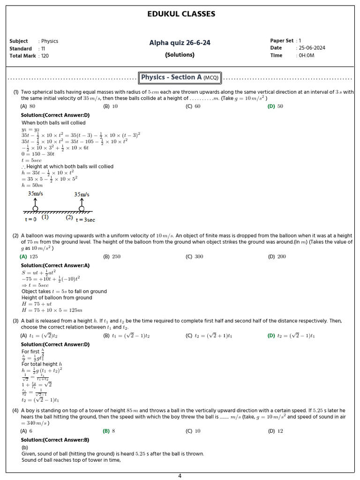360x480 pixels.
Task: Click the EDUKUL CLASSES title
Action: (181, 14)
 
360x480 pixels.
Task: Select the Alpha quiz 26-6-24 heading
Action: (180, 43)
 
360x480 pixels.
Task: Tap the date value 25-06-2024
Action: (312, 48)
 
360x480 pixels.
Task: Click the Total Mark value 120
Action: (45, 56)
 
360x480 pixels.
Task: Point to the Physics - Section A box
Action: (180, 77)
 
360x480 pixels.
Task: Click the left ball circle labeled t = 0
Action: (35, 209)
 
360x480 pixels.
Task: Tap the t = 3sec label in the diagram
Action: (85, 220)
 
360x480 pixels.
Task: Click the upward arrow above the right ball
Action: (82, 202)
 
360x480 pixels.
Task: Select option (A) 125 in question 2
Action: (29, 256)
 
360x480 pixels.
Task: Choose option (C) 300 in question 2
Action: (194, 256)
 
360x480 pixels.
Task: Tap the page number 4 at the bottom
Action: (180, 476)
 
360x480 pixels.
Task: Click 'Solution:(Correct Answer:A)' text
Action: (55, 266)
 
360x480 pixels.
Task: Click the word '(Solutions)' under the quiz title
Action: (180, 55)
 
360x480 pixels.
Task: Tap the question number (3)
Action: (15, 321)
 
